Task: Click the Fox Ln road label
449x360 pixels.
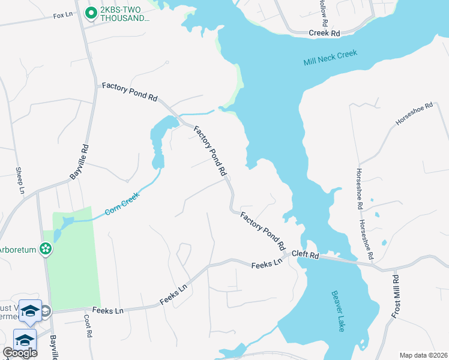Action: [63, 16]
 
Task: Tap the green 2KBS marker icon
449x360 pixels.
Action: [91, 12]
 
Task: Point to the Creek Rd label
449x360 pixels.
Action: [324, 34]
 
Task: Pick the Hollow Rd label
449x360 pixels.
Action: [324, 12]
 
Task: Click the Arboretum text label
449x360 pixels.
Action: [18, 248]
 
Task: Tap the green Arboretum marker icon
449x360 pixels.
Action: [46, 248]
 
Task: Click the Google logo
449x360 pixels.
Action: [19, 352]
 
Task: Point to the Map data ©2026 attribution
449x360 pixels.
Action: [423, 355]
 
